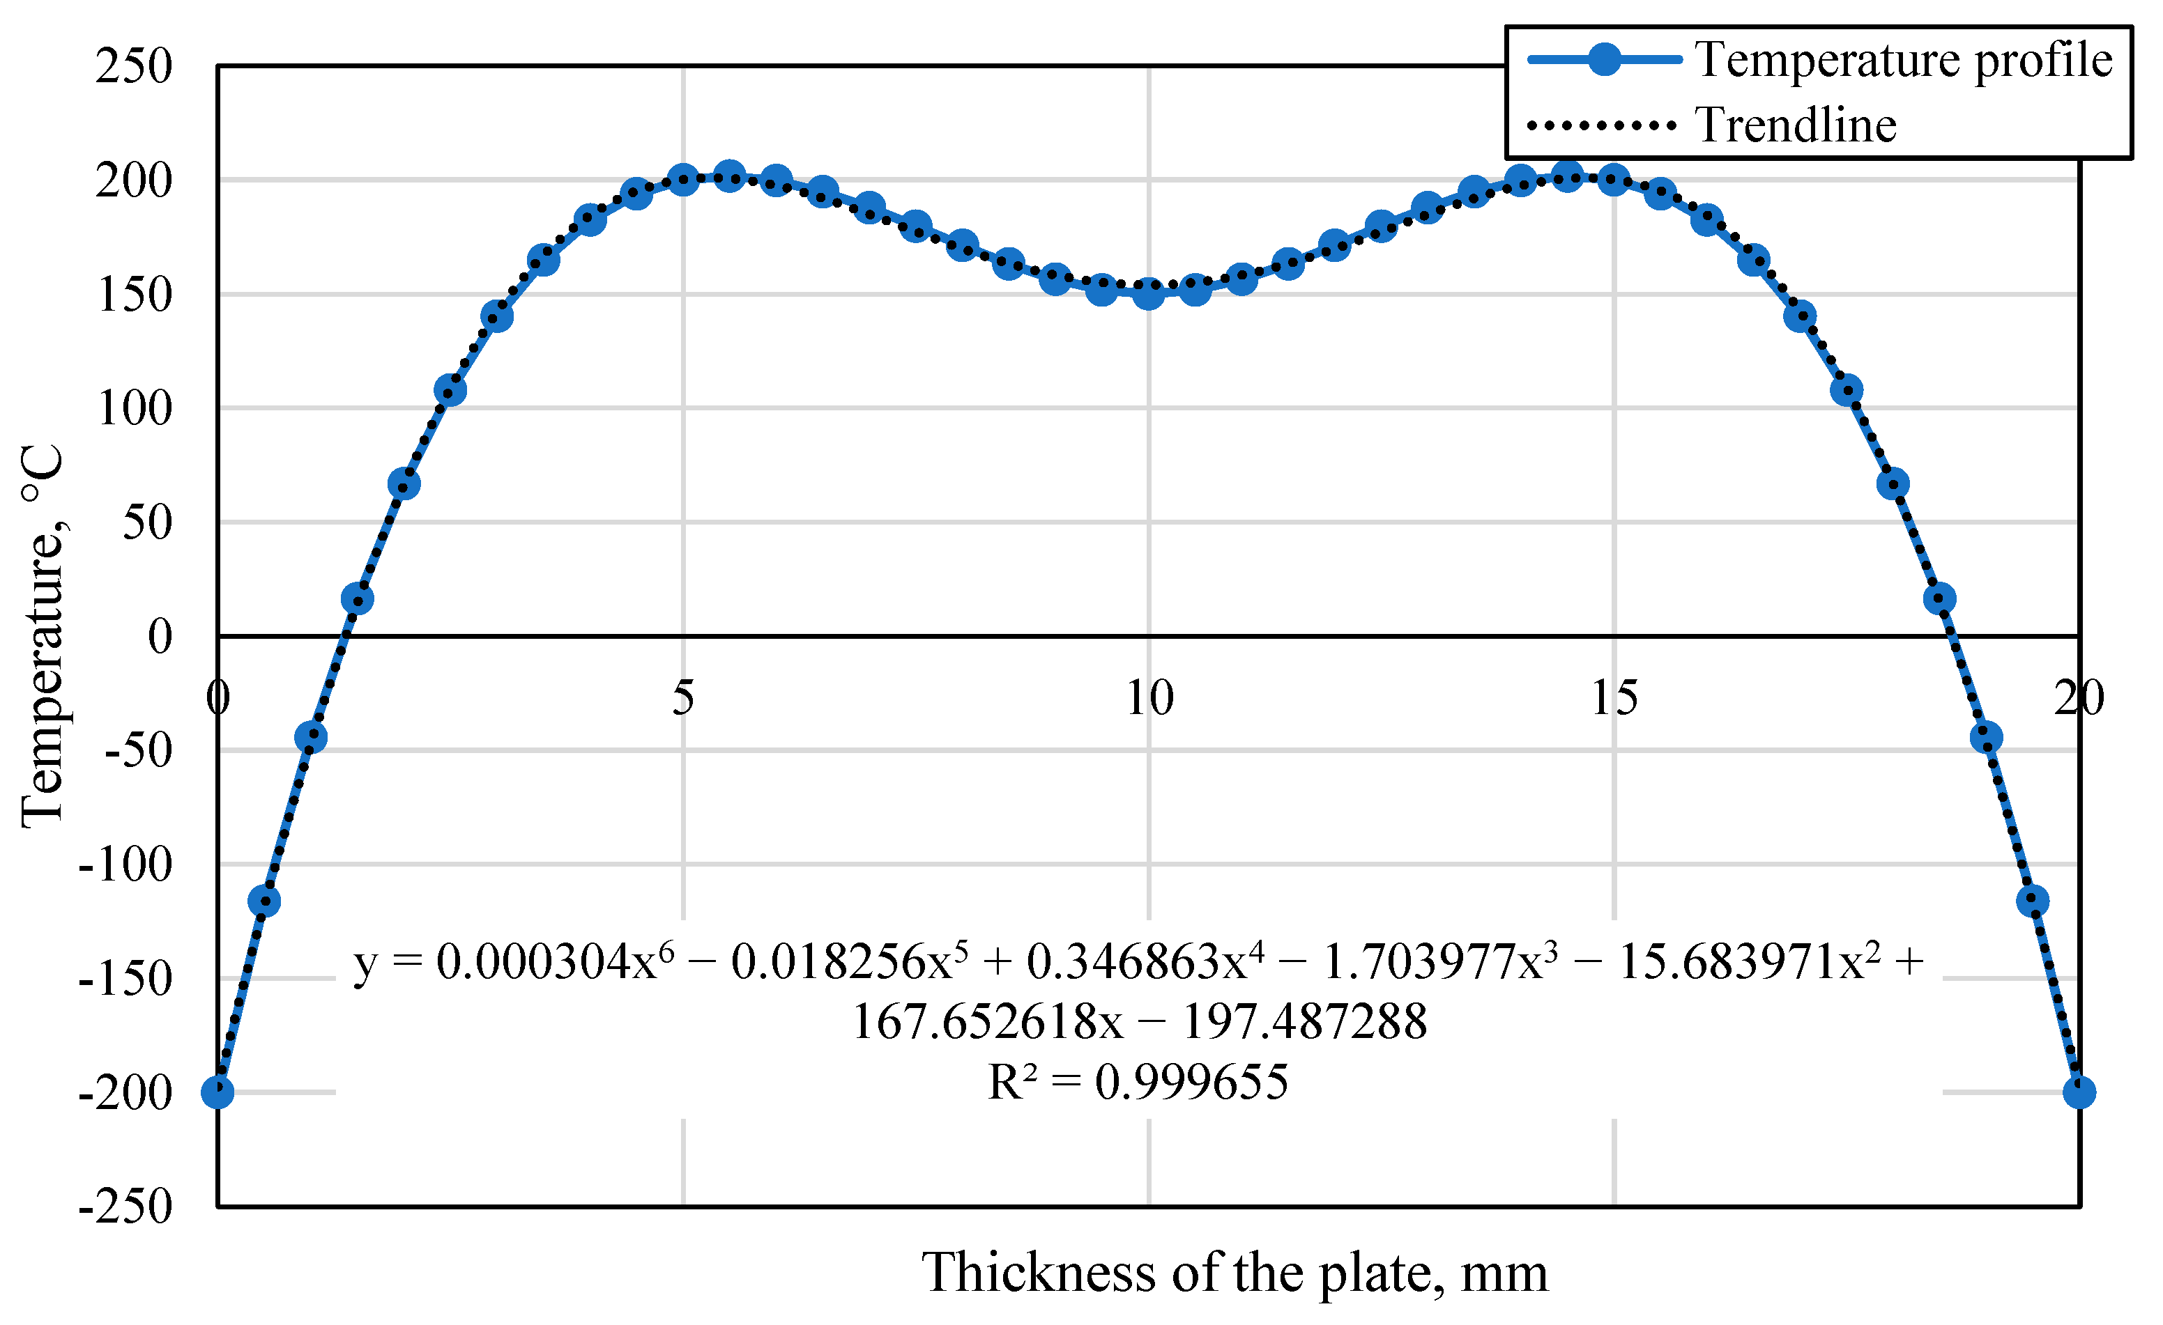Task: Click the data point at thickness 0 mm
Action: (217, 1092)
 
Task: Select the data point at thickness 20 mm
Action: (2079, 1092)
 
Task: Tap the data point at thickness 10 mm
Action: (1148, 294)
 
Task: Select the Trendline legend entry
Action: (1795, 125)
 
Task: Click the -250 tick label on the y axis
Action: (125, 1207)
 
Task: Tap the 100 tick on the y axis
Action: (135, 408)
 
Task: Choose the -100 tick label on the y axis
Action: (125, 865)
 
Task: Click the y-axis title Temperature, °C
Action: (42, 636)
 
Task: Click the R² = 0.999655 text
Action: (1138, 1082)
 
